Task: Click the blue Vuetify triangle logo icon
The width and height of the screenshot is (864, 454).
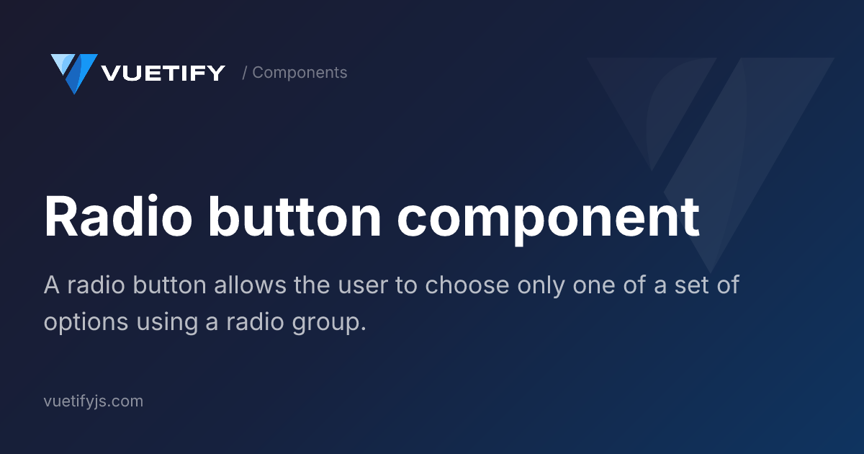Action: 74,74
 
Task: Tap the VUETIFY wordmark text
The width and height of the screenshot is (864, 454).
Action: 163,73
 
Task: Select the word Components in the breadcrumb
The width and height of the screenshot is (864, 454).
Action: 300,73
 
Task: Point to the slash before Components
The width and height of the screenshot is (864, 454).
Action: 245,73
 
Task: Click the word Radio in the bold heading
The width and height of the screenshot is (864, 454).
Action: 118,215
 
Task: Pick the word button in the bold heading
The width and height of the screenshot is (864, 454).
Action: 295,215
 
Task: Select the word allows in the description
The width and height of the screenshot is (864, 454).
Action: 250,285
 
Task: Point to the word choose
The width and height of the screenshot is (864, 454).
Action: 467,285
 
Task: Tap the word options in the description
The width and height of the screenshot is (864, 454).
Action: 86,323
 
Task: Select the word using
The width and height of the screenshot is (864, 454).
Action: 167,323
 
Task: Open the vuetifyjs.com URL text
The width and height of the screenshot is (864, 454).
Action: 94,401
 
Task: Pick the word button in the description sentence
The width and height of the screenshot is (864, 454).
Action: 169,285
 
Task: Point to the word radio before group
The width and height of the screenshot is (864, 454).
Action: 255,321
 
